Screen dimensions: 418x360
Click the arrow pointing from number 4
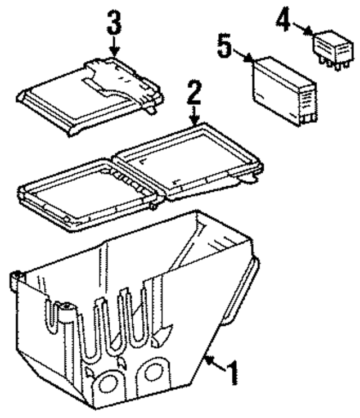coord(304,29)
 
